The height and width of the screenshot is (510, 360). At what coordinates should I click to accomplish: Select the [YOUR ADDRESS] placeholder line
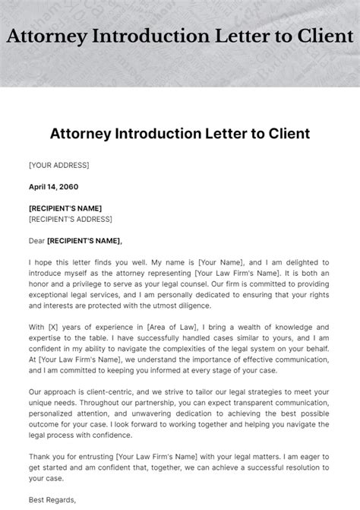click(59, 165)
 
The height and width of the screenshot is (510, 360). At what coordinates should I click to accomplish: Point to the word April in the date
click(39, 186)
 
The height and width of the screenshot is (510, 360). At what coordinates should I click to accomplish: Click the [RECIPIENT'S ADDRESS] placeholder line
click(69, 219)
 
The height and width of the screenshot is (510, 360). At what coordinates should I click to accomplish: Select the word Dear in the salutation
click(36, 241)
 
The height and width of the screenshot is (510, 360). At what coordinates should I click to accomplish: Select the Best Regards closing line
click(54, 500)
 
